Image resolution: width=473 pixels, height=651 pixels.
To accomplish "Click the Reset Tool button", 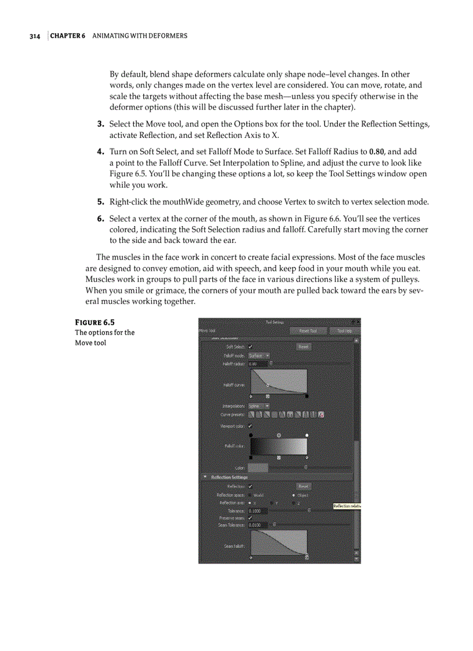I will [x=308, y=331].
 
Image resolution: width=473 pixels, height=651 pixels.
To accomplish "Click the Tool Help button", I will [x=345, y=331].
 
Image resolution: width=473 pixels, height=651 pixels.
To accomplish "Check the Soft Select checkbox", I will [x=250, y=347].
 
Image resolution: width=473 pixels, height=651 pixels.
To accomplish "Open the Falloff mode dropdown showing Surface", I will [x=259, y=355].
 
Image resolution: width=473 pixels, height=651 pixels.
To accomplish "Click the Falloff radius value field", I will [x=257, y=364].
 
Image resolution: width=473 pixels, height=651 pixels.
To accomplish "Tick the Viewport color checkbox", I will [x=250, y=426].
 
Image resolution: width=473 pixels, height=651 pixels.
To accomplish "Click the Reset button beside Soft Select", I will [x=304, y=347].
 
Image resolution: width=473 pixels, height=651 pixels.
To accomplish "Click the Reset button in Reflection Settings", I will [x=304, y=486].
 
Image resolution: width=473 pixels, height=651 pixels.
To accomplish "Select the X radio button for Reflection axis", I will [x=250, y=503].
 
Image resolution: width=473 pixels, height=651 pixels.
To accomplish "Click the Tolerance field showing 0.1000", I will [x=257, y=511].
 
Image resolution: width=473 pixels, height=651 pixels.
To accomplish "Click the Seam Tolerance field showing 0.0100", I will [x=257, y=525].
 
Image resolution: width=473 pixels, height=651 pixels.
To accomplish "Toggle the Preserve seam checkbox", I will [x=250, y=518].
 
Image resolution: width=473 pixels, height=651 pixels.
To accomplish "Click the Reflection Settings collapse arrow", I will [x=205, y=477].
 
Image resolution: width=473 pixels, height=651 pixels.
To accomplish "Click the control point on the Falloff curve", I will [x=267, y=384].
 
